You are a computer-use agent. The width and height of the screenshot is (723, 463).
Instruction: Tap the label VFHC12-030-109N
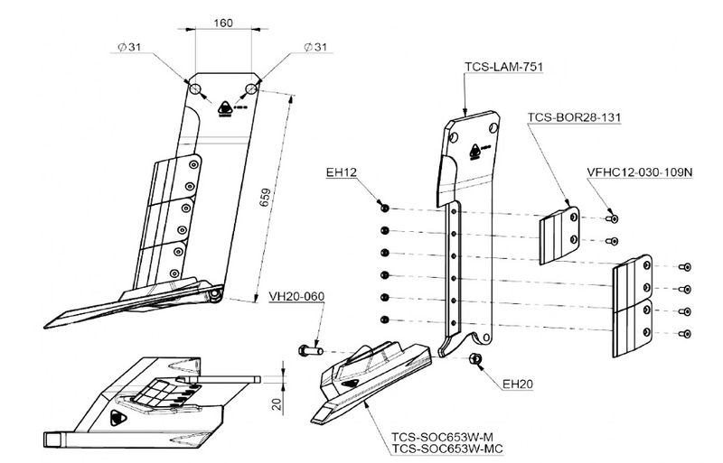tap(638, 171)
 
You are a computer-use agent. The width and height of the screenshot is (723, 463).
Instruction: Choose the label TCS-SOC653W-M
tap(440, 434)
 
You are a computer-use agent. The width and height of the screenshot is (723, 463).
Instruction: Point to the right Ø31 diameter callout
tap(320, 46)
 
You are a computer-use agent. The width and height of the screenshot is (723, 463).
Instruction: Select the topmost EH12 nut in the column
tap(384, 208)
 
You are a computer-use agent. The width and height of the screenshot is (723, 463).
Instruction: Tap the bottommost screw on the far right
tap(683, 334)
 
